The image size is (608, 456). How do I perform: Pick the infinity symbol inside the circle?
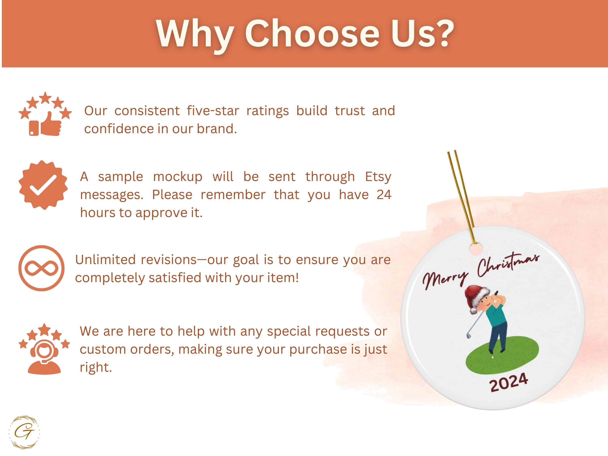click(x=42, y=268)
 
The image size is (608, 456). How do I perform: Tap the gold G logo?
click(x=24, y=432)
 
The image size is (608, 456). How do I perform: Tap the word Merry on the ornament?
click(x=445, y=280)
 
